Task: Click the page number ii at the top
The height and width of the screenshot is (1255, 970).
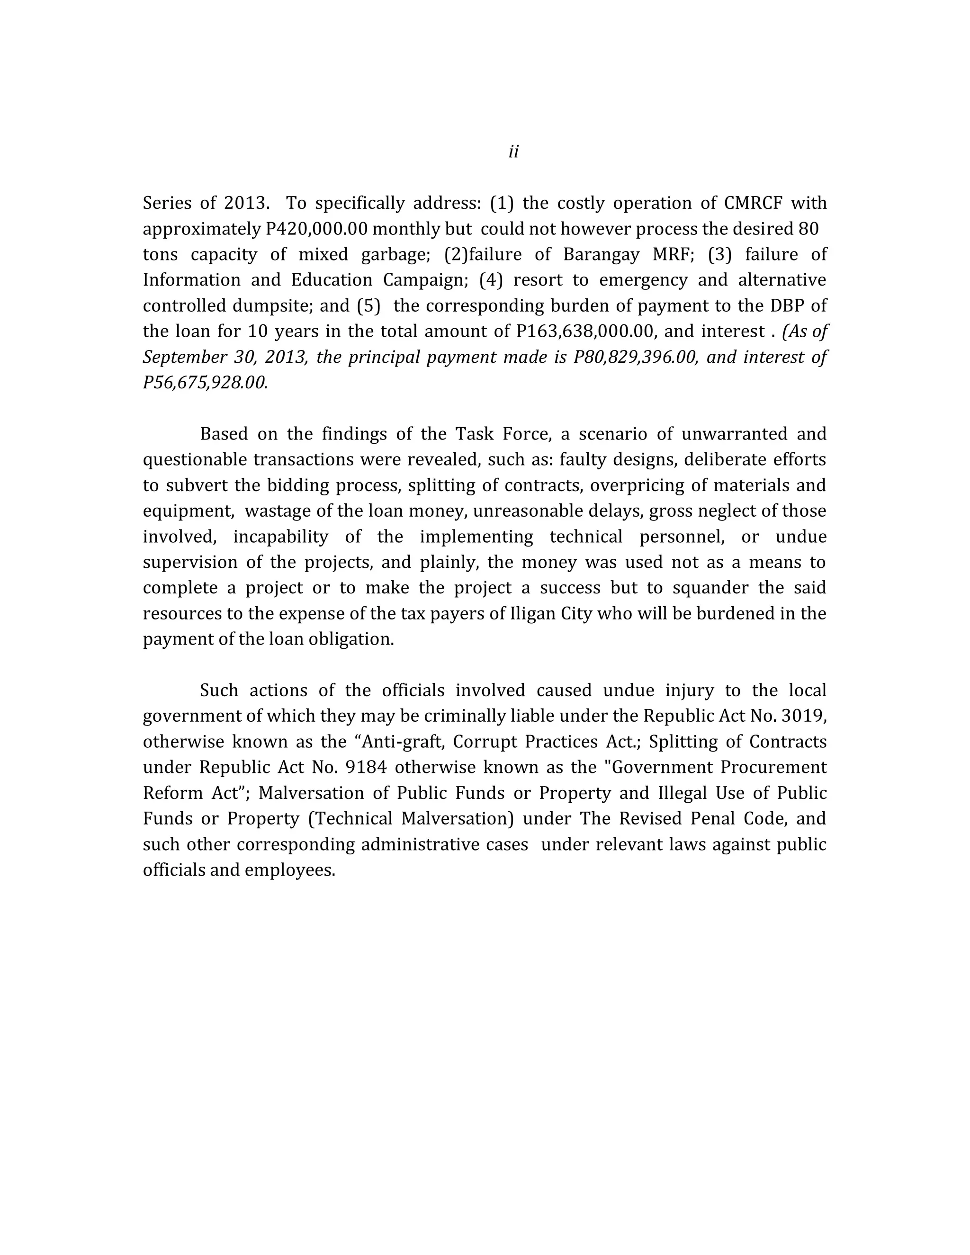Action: tap(513, 152)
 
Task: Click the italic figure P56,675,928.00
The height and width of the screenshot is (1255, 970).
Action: tap(205, 383)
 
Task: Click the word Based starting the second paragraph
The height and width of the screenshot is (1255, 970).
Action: tap(224, 434)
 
